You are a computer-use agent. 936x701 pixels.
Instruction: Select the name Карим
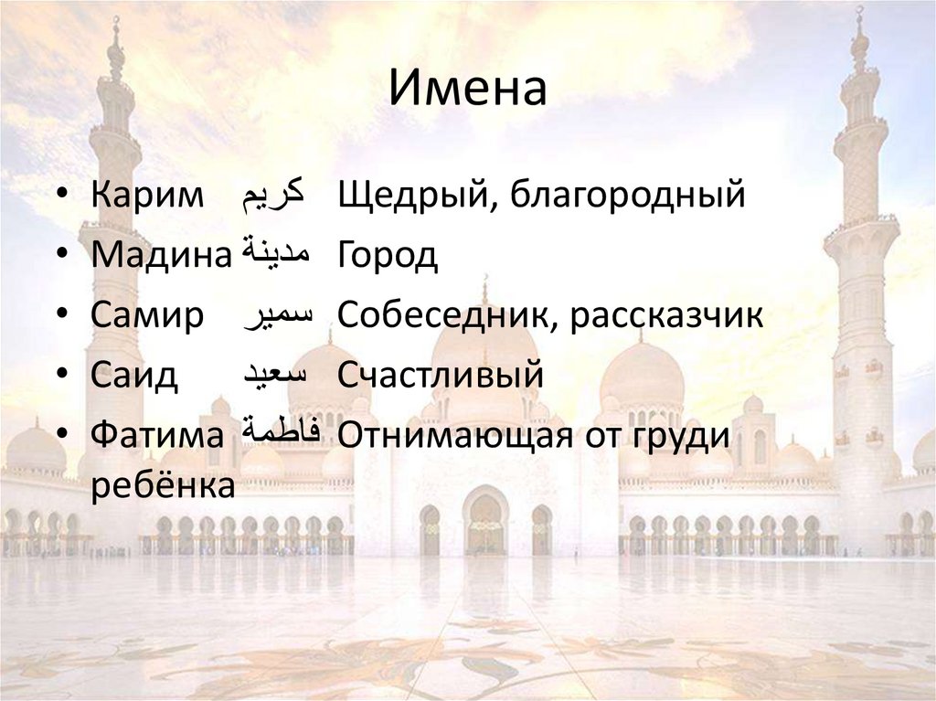pyautogui.click(x=147, y=196)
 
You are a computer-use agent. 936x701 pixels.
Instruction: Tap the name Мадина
pyautogui.click(x=160, y=255)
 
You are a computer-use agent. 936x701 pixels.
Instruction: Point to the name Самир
pyautogui.click(x=146, y=315)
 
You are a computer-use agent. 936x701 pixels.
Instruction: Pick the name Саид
pyautogui.click(x=134, y=375)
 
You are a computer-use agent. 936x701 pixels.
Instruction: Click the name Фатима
pyautogui.click(x=156, y=434)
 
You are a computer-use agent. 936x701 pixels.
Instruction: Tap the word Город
pyautogui.click(x=388, y=256)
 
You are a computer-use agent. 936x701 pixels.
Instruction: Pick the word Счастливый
pyautogui.click(x=441, y=375)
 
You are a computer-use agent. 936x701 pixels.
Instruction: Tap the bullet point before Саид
pyautogui.click(x=60, y=376)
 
